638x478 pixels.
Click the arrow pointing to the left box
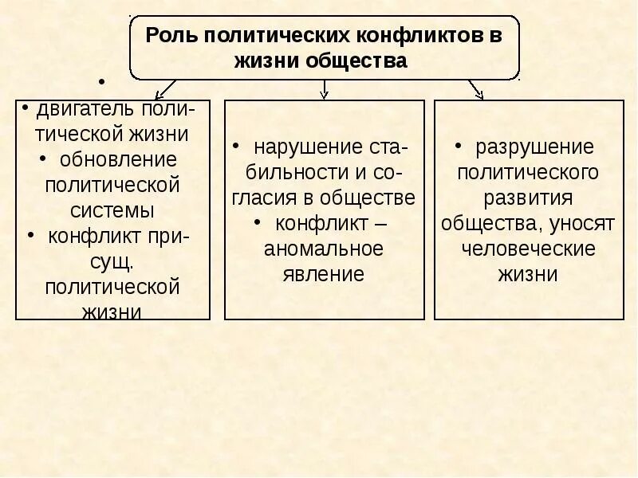165,87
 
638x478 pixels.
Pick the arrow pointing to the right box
475,88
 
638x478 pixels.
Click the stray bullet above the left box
102,82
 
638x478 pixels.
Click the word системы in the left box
112,210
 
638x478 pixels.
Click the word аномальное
325,249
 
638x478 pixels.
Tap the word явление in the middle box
324,275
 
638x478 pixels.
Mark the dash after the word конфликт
380,224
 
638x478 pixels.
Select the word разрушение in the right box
534,147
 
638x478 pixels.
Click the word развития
527,198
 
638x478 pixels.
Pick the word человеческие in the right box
528,249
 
